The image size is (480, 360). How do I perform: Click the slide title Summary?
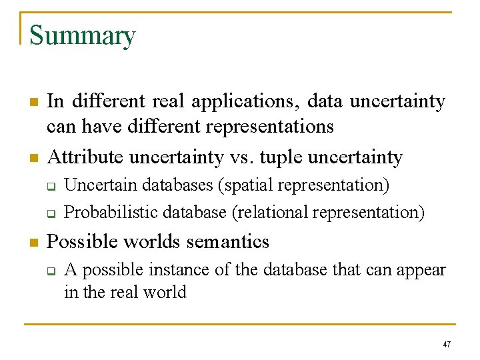(83, 36)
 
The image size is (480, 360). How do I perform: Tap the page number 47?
(447, 345)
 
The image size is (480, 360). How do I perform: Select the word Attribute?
(85, 157)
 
